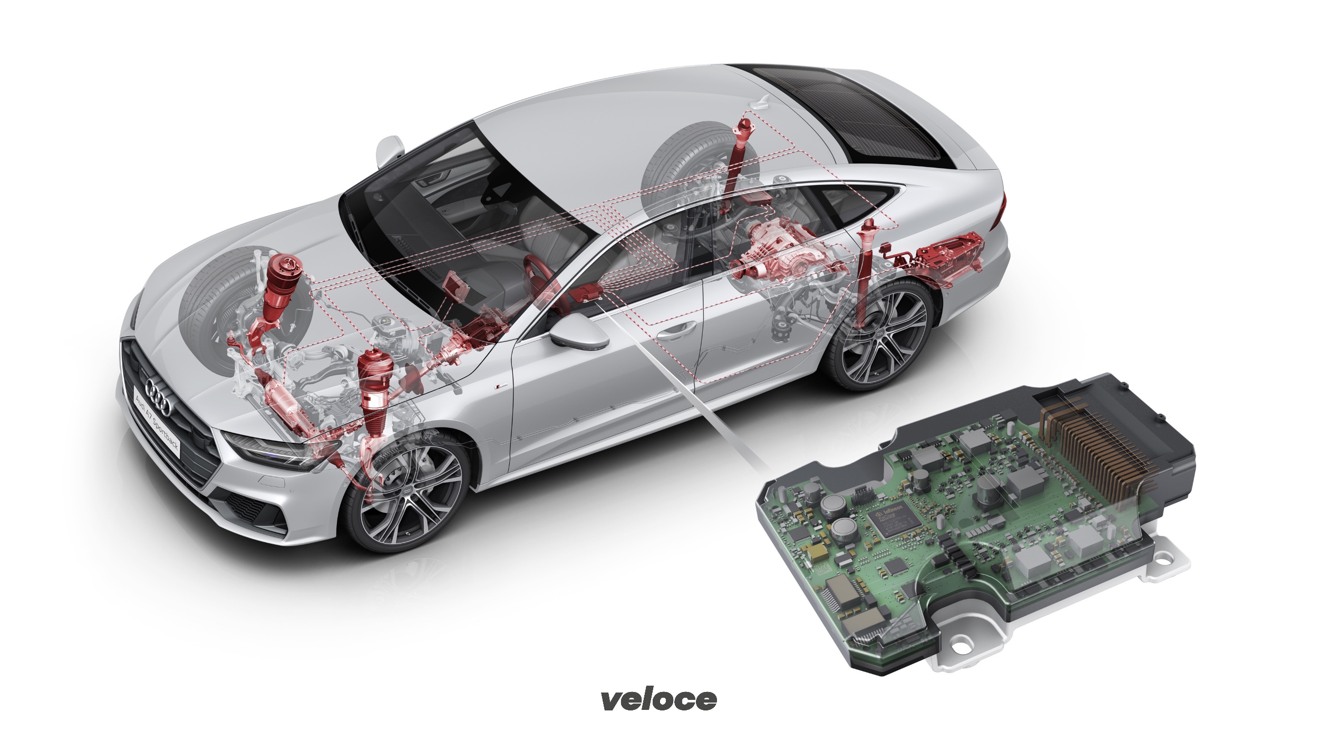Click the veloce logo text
coord(659,699)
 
